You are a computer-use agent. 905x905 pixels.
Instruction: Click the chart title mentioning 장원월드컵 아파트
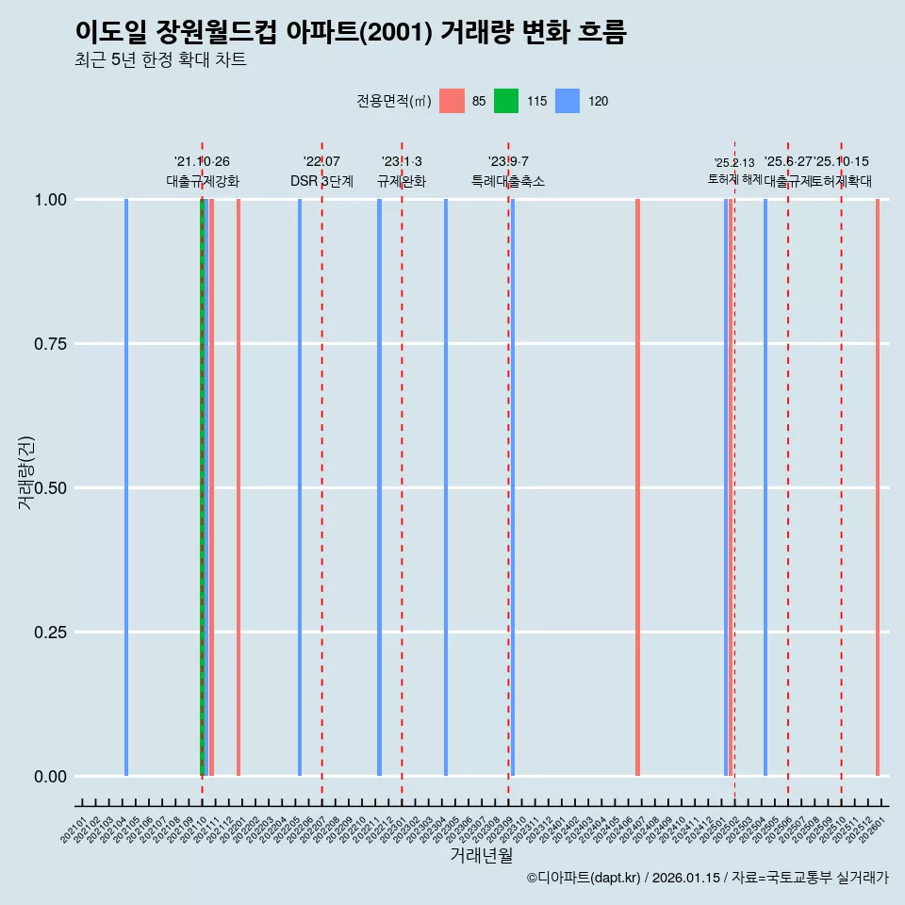pos(351,32)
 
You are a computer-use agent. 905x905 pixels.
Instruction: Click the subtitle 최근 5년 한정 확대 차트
pos(160,60)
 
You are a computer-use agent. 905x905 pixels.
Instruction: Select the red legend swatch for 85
pos(452,101)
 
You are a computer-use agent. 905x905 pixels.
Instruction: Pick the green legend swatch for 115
pos(507,101)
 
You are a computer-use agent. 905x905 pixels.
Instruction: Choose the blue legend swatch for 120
pos(568,101)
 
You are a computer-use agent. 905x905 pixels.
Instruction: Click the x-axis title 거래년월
pos(481,855)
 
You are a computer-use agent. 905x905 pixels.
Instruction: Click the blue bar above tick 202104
pos(126,487)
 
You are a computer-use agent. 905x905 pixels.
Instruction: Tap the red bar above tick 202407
pos(638,487)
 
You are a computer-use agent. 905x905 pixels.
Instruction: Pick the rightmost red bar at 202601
pos(878,487)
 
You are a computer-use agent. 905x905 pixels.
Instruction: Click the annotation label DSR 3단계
pos(321,181)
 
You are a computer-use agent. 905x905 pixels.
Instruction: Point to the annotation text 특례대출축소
pos(508,181)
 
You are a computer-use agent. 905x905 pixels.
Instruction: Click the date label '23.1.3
pos(402,162)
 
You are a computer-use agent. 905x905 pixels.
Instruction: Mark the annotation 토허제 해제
pos(734,178)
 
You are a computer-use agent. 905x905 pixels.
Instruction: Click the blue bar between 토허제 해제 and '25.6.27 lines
pos(765,487)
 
